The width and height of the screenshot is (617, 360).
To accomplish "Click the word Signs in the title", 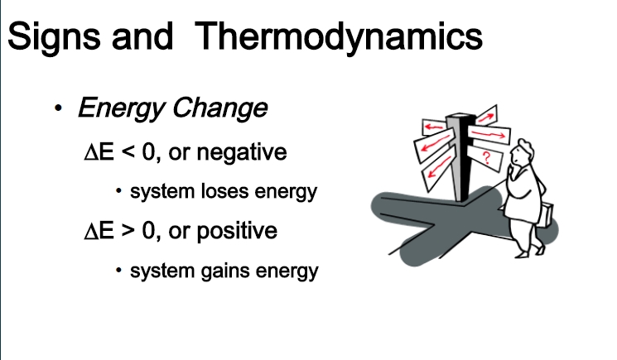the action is pos(54,36).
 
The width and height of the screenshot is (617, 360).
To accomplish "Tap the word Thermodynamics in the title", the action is pos(339,36).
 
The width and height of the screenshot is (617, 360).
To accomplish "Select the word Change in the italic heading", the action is pos(220,108).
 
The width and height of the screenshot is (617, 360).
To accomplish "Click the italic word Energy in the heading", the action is pos(121,108).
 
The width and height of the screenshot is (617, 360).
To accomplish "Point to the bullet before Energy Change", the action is pos(58,108).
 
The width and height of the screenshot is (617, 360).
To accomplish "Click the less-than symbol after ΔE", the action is pos(128,152).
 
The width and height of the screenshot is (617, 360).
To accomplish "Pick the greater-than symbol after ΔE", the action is pos(128,230).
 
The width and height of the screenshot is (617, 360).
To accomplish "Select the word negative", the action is pos(242,152).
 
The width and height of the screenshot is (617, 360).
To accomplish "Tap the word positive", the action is pos(237,231).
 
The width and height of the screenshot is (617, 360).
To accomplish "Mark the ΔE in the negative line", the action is pos(99,152).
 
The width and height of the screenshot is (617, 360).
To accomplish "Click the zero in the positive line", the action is pos(148,230).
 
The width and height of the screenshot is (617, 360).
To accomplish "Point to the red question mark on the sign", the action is pos(487,157).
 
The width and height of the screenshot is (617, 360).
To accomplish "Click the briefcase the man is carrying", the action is pos(546,214).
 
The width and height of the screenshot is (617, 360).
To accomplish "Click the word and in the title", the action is pos(142,36).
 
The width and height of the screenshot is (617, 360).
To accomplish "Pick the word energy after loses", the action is pos(286,192).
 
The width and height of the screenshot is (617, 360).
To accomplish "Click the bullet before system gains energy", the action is pos(118,270).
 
